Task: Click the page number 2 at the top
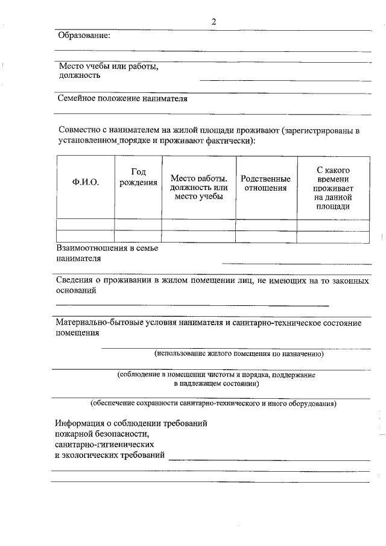click(214, 22)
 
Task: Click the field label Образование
click(84, 36)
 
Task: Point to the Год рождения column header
click(138, 177)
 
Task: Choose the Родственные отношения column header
click(265, 183)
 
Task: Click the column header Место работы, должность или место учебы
click(198, 187)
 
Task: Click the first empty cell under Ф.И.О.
click(85, 224)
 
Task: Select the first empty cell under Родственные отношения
click(265, 224)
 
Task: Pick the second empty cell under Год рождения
click(138, 236)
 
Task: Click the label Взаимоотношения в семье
click(107, 248)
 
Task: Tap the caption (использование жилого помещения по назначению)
click(239, 354)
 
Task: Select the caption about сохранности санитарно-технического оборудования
click(214, 402)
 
